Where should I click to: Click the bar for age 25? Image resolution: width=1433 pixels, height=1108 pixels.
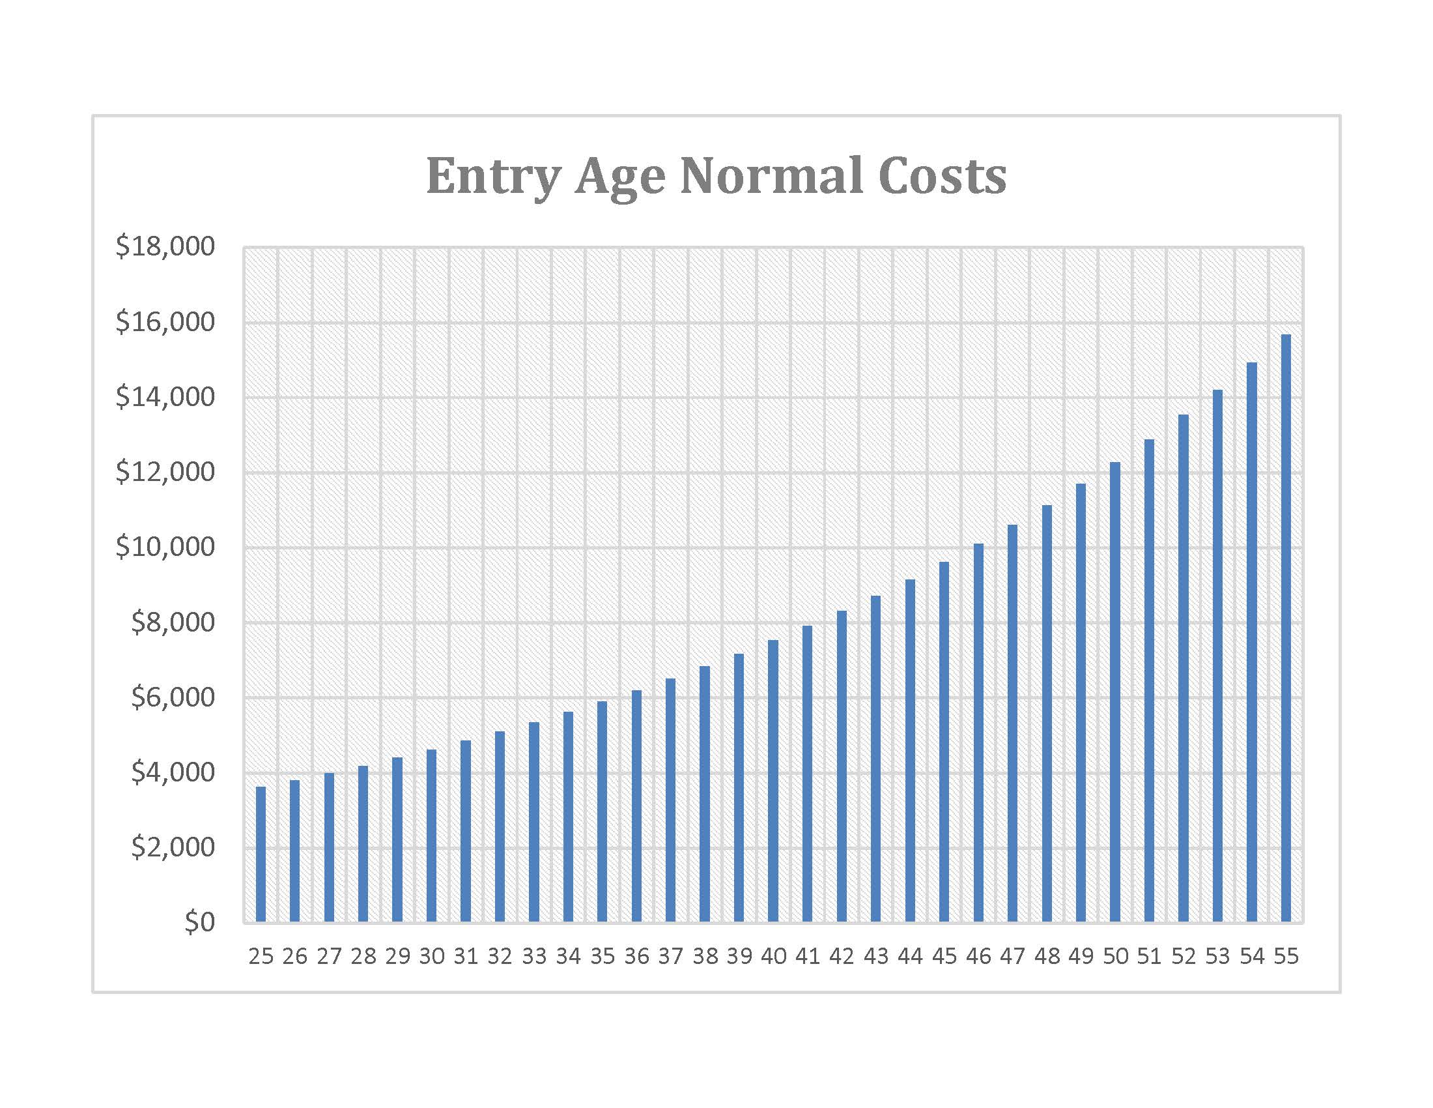(x=261, y=854)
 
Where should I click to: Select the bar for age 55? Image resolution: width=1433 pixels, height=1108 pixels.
(x=1286, y=628)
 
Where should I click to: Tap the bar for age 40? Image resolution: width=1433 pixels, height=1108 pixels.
(x=773, y=781)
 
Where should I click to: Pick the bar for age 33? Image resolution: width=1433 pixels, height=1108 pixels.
(x=534, y=822)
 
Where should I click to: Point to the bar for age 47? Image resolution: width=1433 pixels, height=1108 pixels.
(x=1012, y=723)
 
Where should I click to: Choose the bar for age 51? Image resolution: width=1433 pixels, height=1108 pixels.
(x=1149, y=680)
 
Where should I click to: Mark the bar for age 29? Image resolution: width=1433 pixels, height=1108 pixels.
(x=397, y=839)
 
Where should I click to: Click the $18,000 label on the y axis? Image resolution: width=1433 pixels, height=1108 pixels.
(x=165, y=246)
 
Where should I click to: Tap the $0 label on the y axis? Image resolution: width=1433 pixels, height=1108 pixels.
(x=199, y=922)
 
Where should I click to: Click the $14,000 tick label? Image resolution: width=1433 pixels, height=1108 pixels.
(x=165, y=396)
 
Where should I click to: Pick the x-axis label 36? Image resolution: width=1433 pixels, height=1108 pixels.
(x=636, y=956)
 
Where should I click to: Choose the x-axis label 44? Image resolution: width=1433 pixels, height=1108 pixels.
(x=910, y=956)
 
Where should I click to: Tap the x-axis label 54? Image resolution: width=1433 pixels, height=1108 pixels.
(x=1252, y=956)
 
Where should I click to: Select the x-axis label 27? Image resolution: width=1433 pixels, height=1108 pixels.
(x=329, y=956)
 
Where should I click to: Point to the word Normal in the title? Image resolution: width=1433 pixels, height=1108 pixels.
(x=771, y=175)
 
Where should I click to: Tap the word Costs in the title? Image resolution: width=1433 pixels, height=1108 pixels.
(x=943, y=176)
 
